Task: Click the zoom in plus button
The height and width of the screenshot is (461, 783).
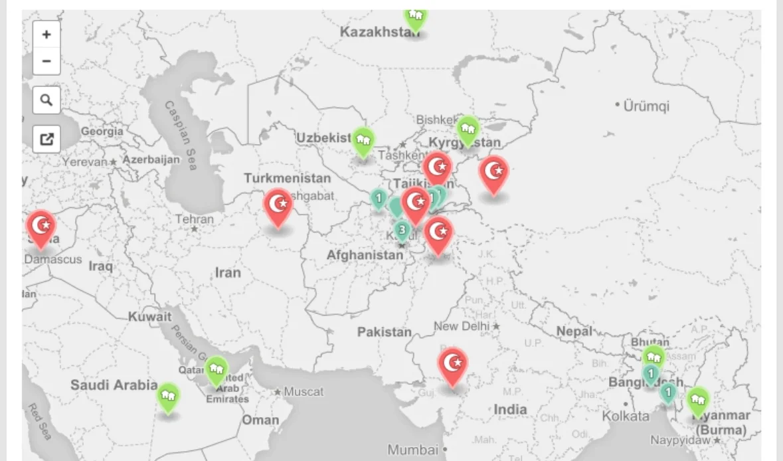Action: pyautogui.click(x=46, y=35)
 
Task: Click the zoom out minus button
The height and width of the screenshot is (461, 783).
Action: pyautogui.click(x=46, y=61)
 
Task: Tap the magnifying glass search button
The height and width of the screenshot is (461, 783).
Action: pyautogui.click(x=46, y=100)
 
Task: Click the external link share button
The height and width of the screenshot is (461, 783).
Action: pyautogui.click(x=46, y=139)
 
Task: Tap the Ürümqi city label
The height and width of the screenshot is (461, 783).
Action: pyautogui.click(x=646, y=106)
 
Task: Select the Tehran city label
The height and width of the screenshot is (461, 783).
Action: pyautogui.click(x=195, y=219)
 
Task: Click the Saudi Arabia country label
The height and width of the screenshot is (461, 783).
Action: pyautogui.click(x=114, y=385)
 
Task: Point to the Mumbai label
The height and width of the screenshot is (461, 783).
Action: pyautogui.click(x=413, y=450)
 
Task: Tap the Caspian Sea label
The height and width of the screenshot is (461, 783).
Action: pyautogui.click(x=181, y=136)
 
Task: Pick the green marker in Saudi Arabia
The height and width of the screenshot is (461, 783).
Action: pyautogui.click(x=169, y=397)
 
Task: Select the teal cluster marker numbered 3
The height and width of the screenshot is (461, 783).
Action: pyautogui.click(x=402, y=230)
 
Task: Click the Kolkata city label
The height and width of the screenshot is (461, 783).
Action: pyautogui.click(x=626, y=416)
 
